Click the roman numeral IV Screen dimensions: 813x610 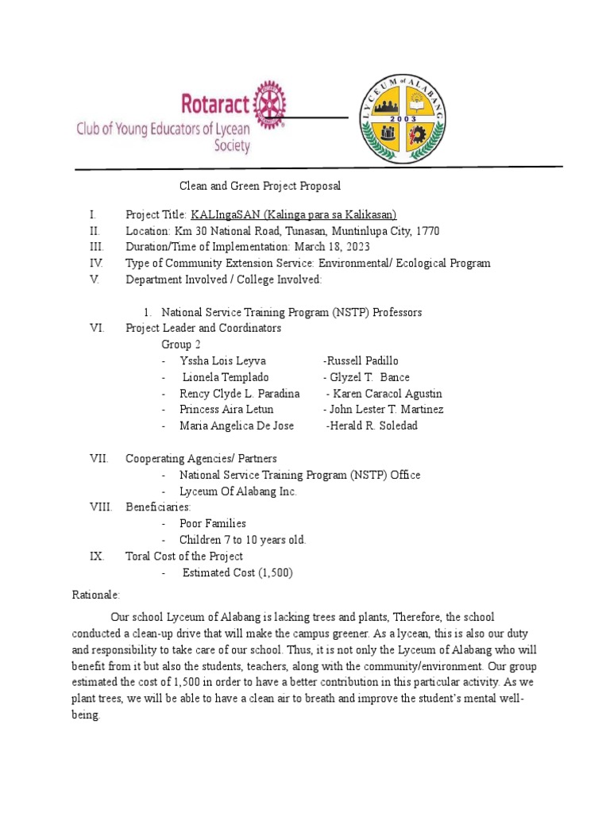tap(95, 263)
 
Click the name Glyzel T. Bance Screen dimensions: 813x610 tap(366, 377)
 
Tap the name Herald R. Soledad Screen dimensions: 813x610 tap(372, 426)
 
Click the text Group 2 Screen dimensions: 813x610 tap(182, 345)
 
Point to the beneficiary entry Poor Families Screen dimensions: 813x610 tap(213, 523)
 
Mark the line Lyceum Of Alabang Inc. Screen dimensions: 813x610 tap(238, 491)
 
